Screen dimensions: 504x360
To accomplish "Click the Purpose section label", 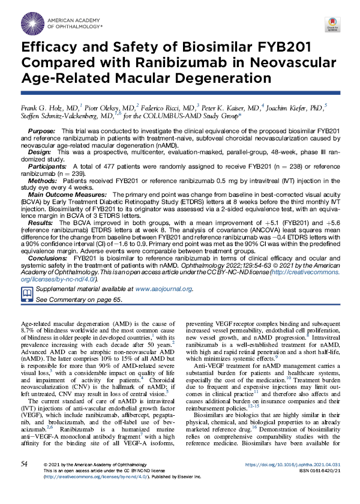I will tap(41, 130).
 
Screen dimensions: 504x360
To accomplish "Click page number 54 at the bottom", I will tap(24, 481).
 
